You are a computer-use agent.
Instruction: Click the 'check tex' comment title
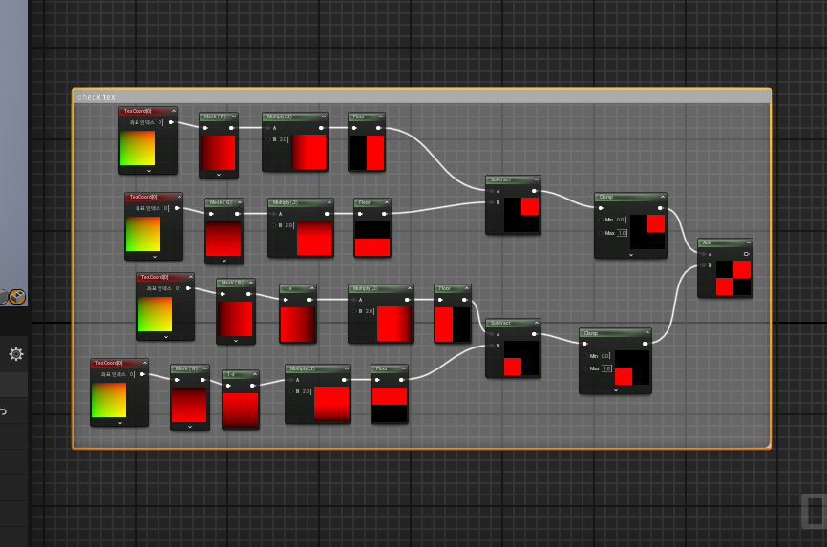pyautogui.click(x=96, y=97)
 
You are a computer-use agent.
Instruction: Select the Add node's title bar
pyautogui.click(x=724, y=242)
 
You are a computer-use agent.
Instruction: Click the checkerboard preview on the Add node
pyautogui.click(x=733, y=278)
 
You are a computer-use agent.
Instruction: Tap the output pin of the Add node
pyautogui.click(x=746, y=254)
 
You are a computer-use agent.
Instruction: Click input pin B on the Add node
pyautogui.click(x=704, y=265)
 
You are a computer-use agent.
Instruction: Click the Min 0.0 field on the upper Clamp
pyautogui.click(x=621, y=220)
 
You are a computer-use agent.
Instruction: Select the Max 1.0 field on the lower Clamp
pyautogui.click(x=606, y=368)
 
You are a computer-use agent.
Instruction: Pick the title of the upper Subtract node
pyautogui.click(x=512, y=179)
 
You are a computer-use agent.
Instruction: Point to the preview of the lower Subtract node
pyautogui.click(x=520, y=357)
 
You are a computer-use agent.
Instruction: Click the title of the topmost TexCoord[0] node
pyautogui.click(x=147, y=111)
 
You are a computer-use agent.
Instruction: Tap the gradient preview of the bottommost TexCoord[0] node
pyautogui.click(x=109, y=399)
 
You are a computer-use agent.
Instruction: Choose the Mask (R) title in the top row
pyautogui.click(x=218, y=116)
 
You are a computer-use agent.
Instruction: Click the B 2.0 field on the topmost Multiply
pyautogui.click(x=284, y=139)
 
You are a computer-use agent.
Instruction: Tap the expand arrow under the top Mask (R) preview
pyautogui.click(x=219, y=175)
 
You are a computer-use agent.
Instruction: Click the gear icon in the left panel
pyautogui.click(x=16, y=354)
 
